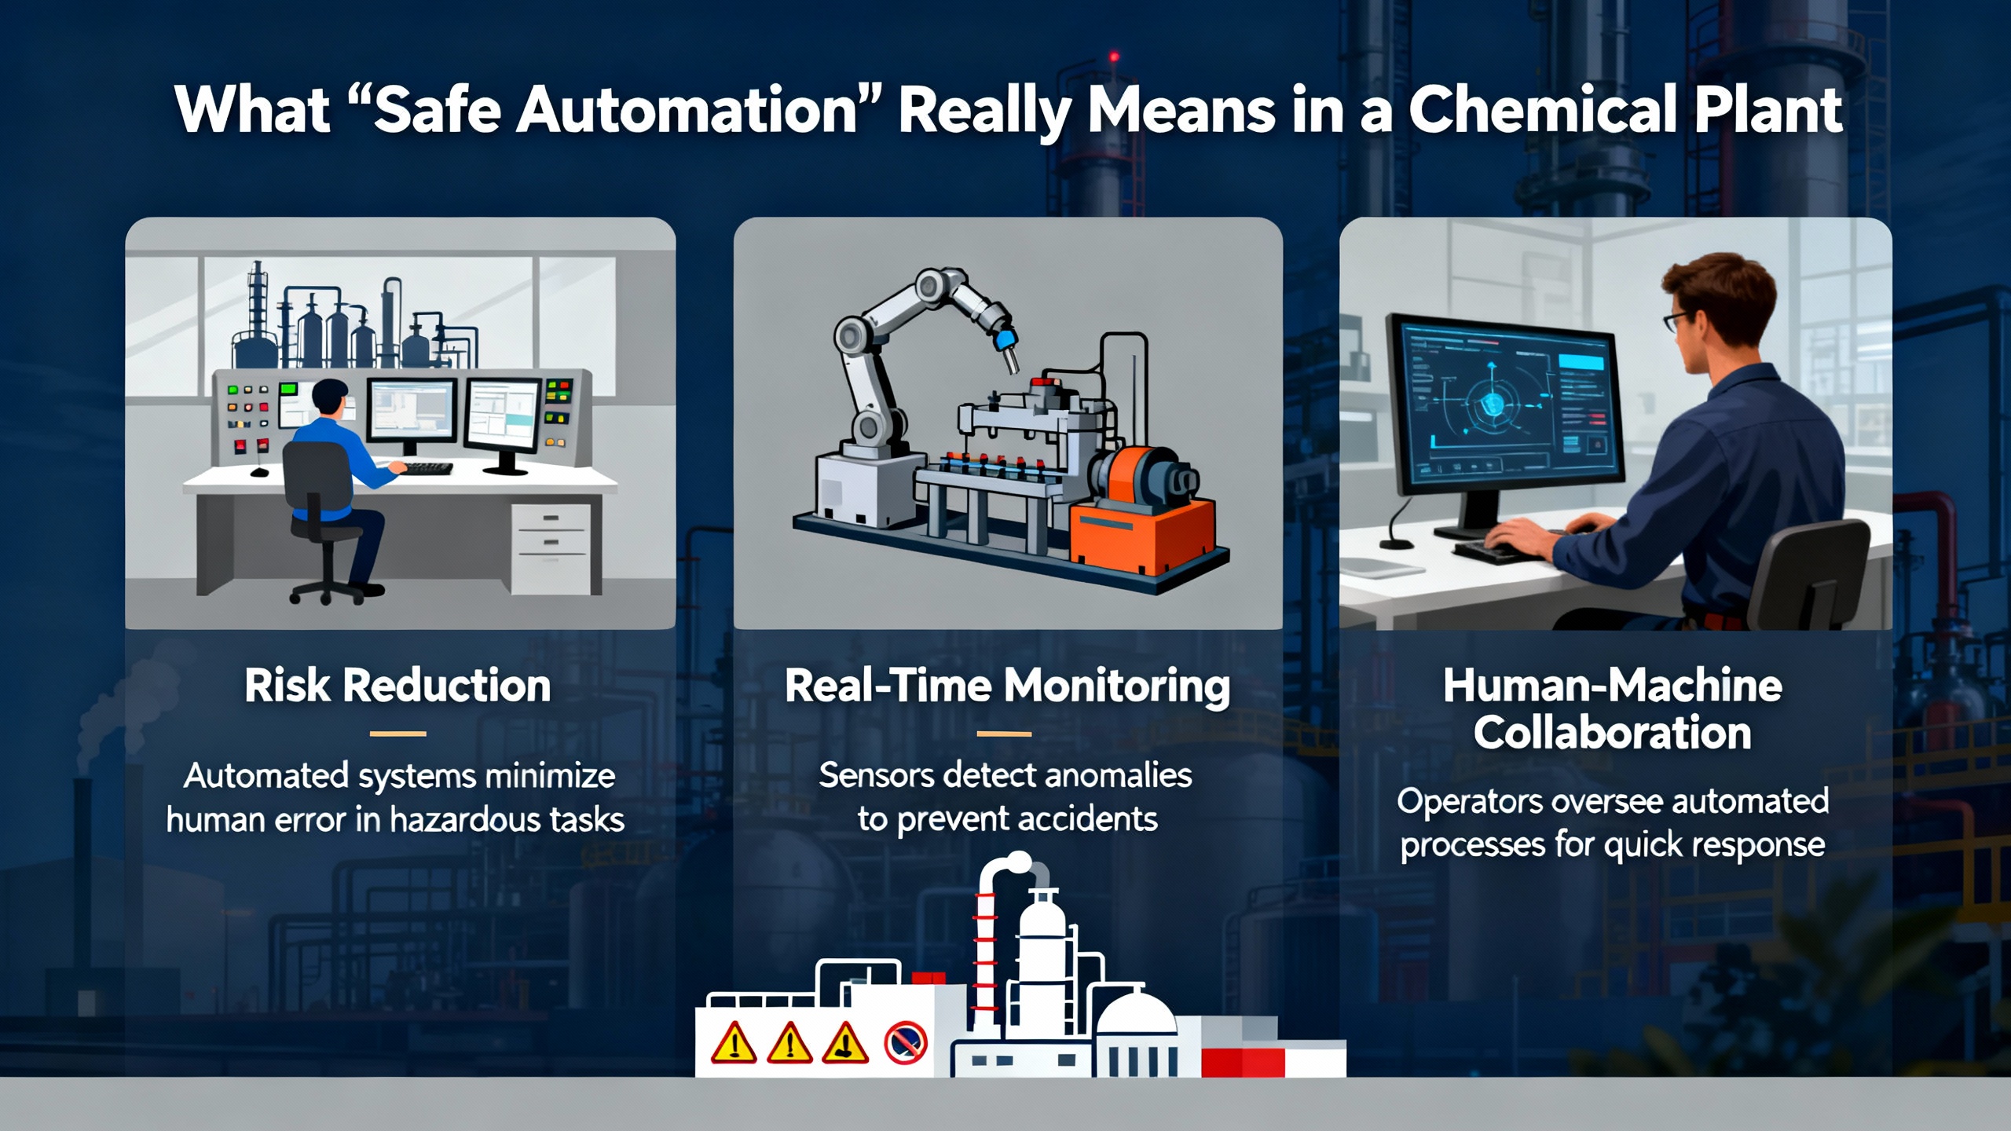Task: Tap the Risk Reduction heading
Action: pos(397,686)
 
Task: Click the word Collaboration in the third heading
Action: pos(1612,733)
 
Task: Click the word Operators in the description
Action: pos(1468,803)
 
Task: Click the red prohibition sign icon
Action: pos(906,1044)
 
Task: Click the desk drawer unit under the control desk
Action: pos(550,548)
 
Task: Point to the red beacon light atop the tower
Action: pos(1113,57)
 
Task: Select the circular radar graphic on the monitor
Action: pos(1490,405)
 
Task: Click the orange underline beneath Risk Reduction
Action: pos(397,734)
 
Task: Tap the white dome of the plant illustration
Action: pos(1135,1013)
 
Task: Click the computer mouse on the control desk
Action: pos(258,472)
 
